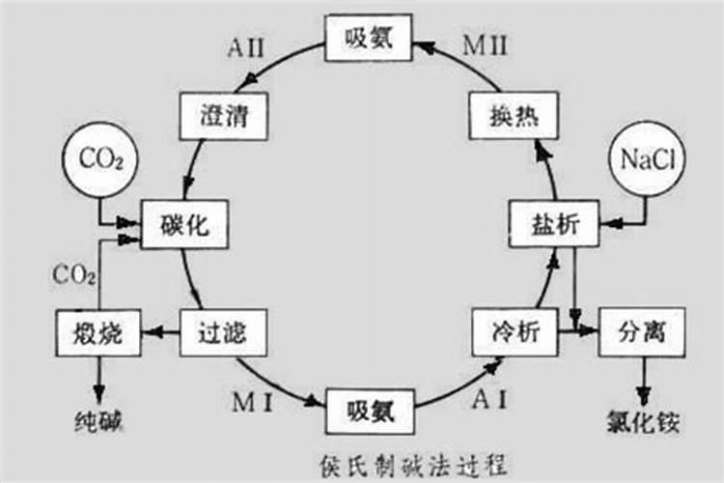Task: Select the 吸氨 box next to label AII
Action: [367, 39]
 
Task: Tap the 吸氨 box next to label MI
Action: [370, 409]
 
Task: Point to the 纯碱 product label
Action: [99, 422]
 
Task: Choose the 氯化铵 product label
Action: [642, 422]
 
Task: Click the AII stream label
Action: [248, 45]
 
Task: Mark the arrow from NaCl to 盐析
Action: [618, 225]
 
